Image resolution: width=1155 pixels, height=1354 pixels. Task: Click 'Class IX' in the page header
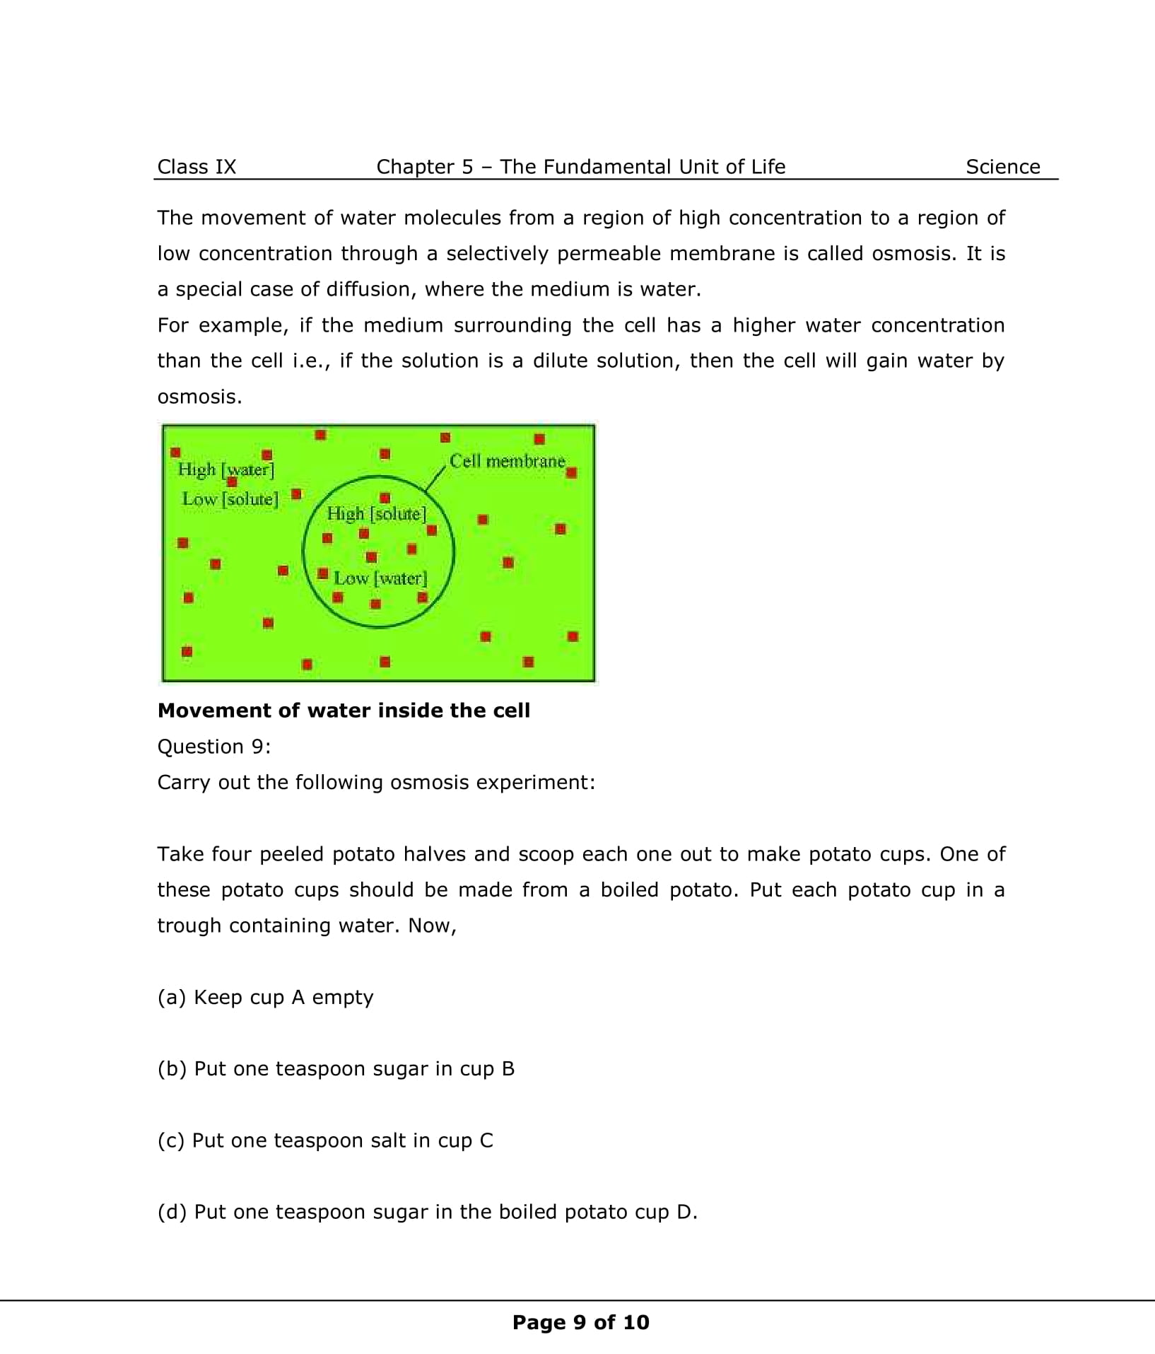point(197,167)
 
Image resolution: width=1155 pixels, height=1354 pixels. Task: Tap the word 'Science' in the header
point(1002,167)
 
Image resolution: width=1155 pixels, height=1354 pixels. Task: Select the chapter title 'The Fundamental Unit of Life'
point(643,167)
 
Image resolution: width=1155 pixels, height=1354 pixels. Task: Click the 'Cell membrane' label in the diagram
point(507,461)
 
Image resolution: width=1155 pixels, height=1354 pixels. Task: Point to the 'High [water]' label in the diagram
point(225,469)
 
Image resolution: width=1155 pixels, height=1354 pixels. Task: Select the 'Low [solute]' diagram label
point(230,499)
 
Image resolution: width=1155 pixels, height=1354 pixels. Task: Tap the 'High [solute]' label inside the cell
point(376,514)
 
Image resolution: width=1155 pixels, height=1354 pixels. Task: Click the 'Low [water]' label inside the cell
point(380,578)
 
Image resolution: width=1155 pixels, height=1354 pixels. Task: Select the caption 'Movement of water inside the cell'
point(344,711)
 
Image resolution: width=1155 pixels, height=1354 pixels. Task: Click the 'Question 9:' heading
point(214,747)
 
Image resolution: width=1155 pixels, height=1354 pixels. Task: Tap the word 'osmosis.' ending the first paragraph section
point(199,397)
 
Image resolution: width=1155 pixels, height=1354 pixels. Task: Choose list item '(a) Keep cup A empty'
point(265,997)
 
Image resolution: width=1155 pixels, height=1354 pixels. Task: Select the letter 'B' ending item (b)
point(508,1068)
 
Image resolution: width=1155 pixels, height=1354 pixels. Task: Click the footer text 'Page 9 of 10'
point(580,1322)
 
